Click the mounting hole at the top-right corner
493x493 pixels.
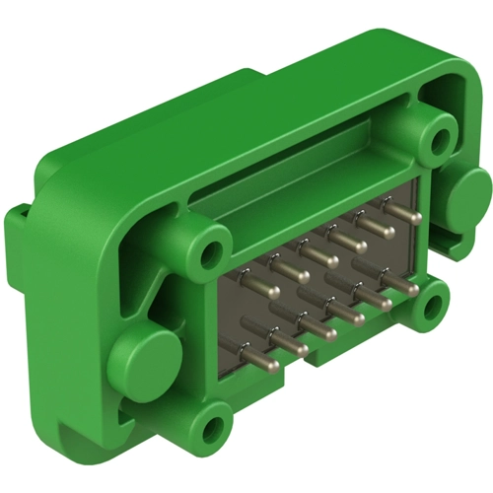point(435,136)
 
